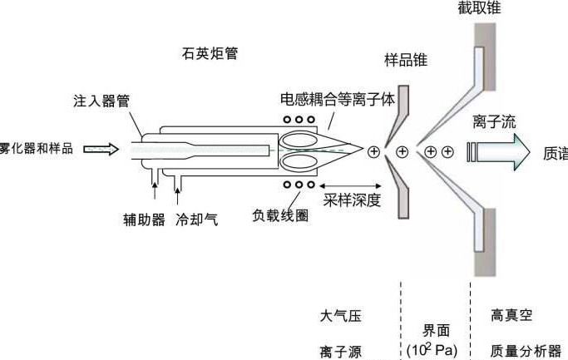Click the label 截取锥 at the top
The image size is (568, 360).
tap(479, 8)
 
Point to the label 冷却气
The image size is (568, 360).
tap(197, 221)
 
